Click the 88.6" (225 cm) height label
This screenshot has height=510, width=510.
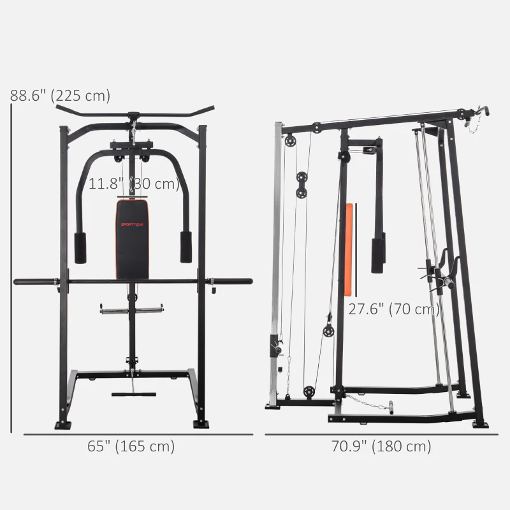click(61, 96)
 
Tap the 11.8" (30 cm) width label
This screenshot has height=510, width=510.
click(134, 184)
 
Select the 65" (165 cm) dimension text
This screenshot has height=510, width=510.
click(131, 446)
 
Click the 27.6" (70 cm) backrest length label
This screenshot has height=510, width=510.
click(394, 310)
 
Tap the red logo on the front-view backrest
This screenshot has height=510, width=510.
click(133, 224)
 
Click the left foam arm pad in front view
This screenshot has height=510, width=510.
click(80, 247)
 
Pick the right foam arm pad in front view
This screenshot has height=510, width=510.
click(186, 247)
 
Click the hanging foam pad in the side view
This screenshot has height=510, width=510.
click(377, 252)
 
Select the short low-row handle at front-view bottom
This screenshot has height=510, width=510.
click(134, 394)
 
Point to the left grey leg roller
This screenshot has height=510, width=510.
click(113, 310)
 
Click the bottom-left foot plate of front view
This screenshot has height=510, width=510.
click(62, 424)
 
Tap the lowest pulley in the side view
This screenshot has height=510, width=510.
click(309, 391)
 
